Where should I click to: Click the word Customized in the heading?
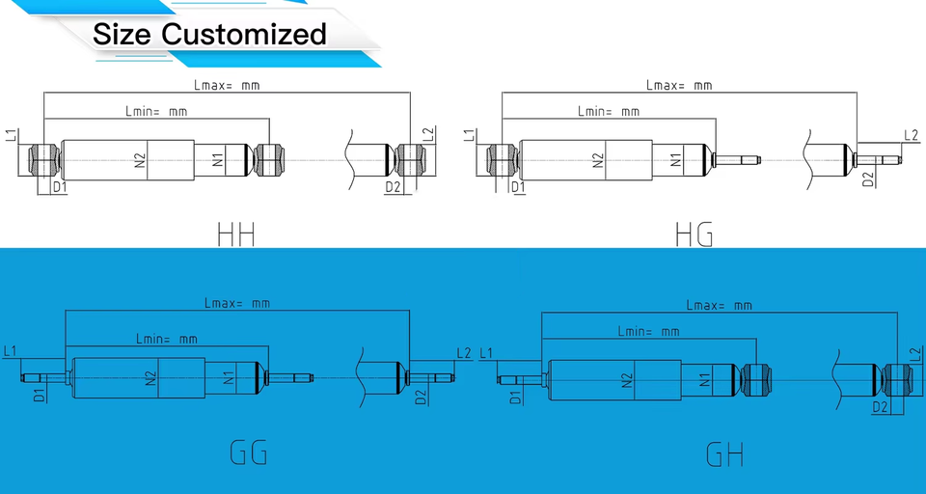[x=243, y=35]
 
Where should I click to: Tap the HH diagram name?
[x=236, y=234]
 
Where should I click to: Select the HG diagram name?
[x=694, y=234]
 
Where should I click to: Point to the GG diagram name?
[x=249, y=453]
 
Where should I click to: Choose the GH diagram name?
[x=725, y=454]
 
